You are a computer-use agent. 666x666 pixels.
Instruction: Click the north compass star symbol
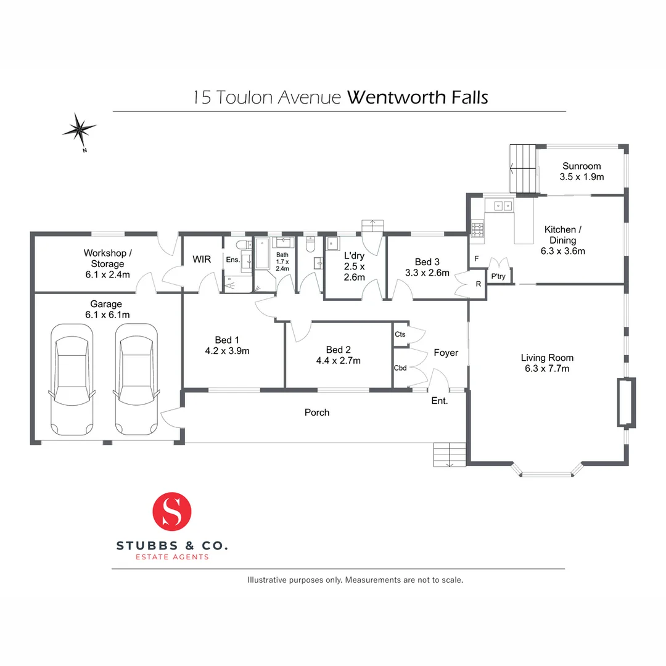79,129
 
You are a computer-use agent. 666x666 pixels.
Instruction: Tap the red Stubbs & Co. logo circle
172,511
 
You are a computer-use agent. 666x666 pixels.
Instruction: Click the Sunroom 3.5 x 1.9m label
581,171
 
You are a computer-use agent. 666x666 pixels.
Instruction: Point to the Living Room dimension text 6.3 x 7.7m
547,369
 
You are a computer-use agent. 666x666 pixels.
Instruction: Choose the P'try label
498,276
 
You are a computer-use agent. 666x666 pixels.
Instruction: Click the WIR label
202,260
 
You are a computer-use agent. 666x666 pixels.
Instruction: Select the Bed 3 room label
427,262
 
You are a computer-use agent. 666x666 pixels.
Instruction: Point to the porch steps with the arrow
449,454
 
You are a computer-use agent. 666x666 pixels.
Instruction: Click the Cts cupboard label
400,334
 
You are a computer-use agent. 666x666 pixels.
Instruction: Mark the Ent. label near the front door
439,401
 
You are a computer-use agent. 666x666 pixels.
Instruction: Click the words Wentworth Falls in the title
417,97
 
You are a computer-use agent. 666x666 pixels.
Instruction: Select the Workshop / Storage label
108,258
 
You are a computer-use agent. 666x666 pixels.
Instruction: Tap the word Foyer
446,353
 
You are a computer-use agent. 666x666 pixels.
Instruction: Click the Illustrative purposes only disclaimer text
355,580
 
